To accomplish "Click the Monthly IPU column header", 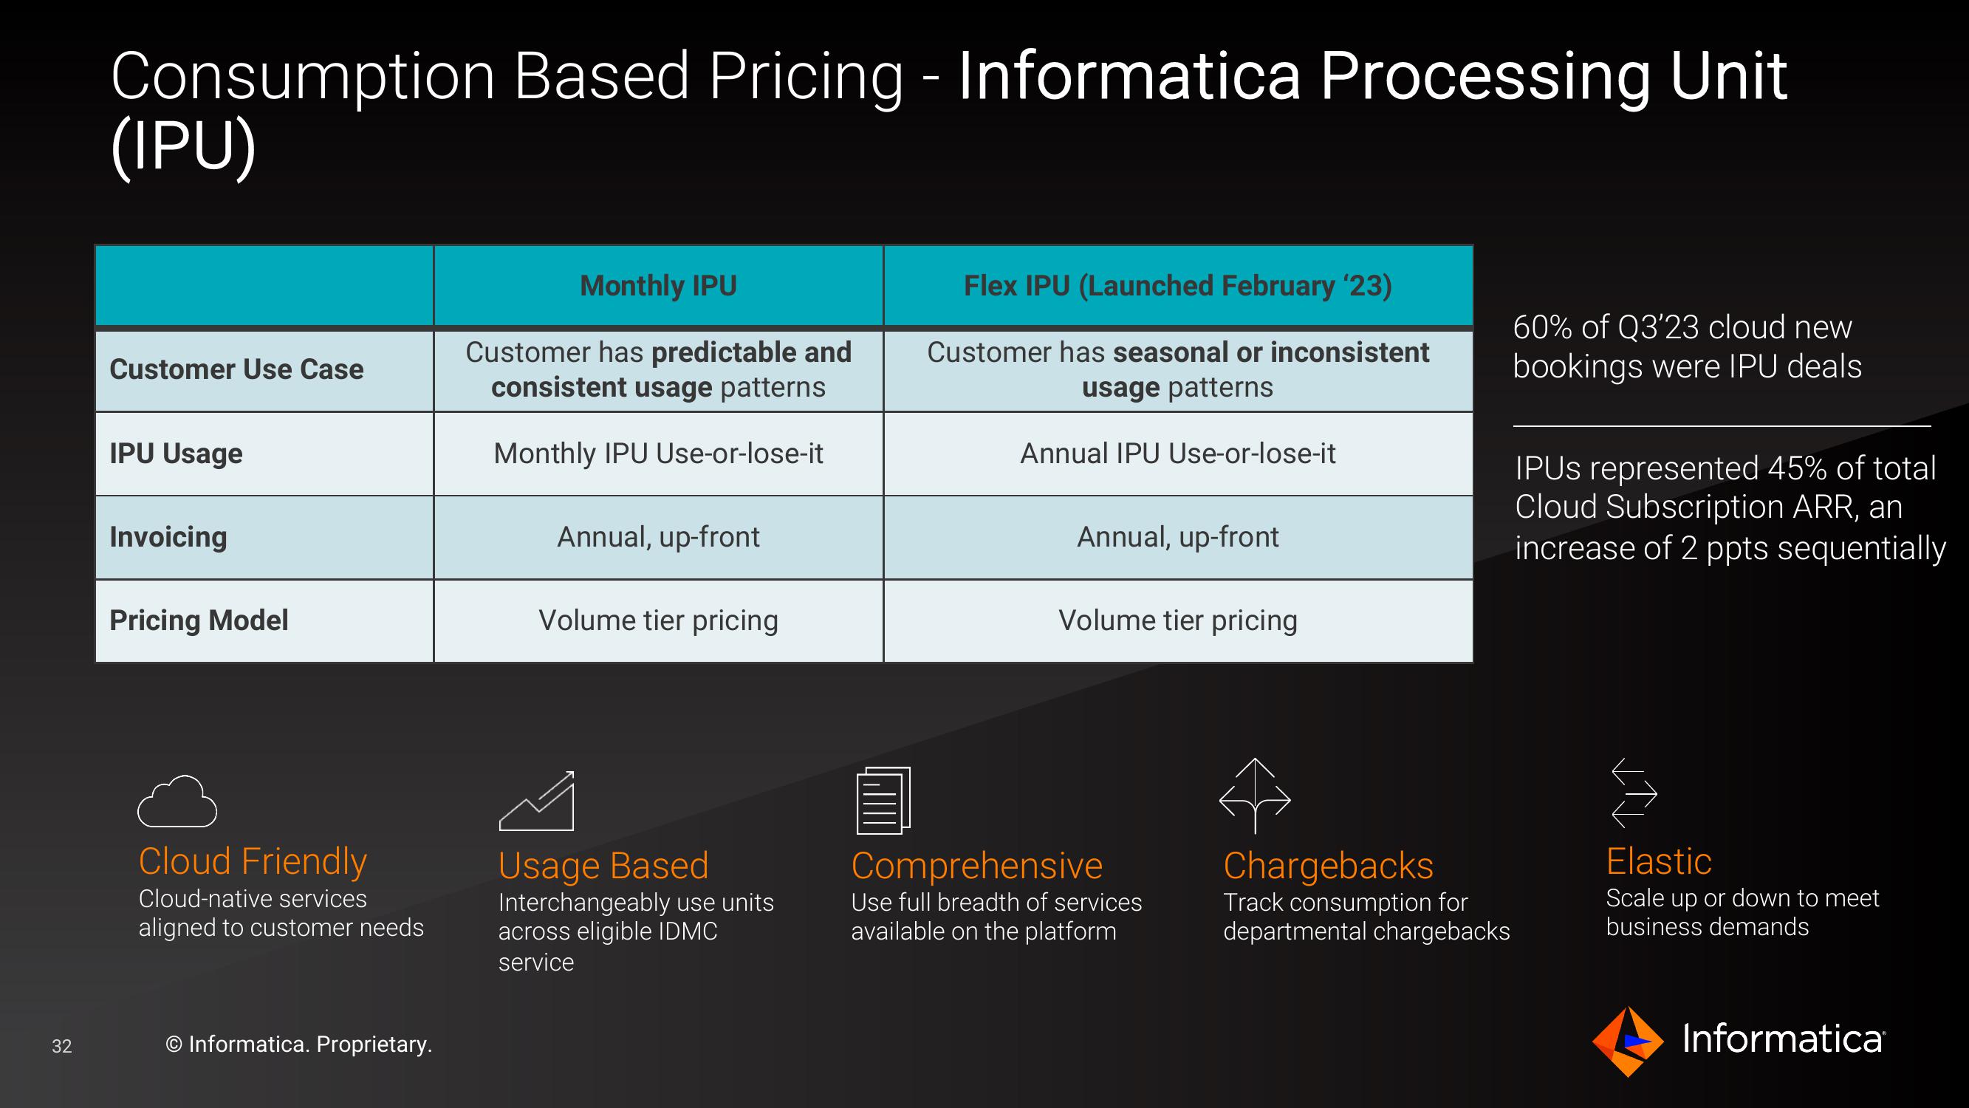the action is [658, 286].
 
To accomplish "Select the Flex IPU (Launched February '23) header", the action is [1178, 286].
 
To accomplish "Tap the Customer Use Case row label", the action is [236, 369].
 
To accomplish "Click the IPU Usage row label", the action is [176, 454].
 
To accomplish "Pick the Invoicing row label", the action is [168, 537].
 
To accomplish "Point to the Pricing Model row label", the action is [199, 620].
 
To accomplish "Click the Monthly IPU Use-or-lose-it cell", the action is [658, 454].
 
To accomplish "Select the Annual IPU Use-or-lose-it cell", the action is [1178, 454].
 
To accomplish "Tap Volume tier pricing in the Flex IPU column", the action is [1178, 620].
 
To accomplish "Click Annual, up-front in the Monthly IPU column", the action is [658, 537].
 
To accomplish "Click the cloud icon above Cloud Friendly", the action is [177, 801].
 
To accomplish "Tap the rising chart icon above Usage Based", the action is [537, 801].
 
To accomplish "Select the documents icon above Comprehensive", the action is [883, 800].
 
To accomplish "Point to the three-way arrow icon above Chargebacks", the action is [1255, 796].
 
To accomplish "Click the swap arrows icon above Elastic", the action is [1634, 793].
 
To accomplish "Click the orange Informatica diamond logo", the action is [1627, 1042].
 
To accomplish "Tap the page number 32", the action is [62, 1046].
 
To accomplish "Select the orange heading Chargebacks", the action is [1329, 866].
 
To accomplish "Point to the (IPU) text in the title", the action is [183, 146].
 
